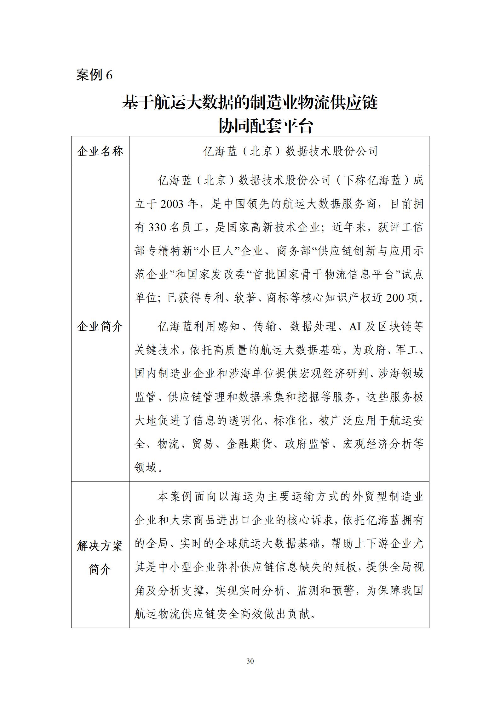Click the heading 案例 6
94,75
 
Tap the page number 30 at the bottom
250,661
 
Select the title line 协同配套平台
266,126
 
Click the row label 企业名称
100,151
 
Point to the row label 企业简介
100,327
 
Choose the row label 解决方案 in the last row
100,546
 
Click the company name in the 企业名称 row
290,151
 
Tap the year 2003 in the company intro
172,204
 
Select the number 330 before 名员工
157,227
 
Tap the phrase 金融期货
249,444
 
